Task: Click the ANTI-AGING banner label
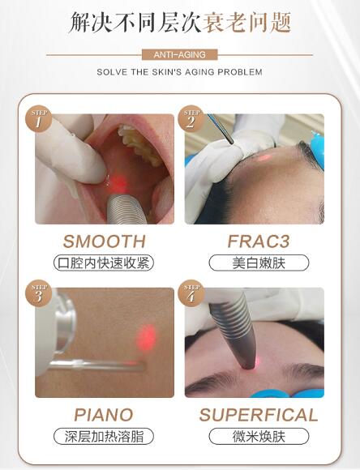[x=179, y=55]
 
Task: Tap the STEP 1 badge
[x=38, y=119]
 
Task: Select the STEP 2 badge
[x=191, y=119]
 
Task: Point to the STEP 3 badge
[x=38, y=293]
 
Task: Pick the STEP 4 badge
[x=191, y=293]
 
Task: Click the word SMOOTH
[x=105, y=241]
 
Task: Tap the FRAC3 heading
[x=259, y=241]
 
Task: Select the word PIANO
[x=104, y=415]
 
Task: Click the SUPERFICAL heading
[x=259, y=415]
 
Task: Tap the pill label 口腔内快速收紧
[x=104, y=263]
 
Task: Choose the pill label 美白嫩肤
[x=259, y=263]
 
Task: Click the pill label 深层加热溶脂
[x=104, y=437]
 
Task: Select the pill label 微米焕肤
[x=259, y=437]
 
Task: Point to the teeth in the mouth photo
[x=139, y=144]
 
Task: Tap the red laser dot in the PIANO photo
[x=147, y=337]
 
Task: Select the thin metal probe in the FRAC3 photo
[x=221, y=129]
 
